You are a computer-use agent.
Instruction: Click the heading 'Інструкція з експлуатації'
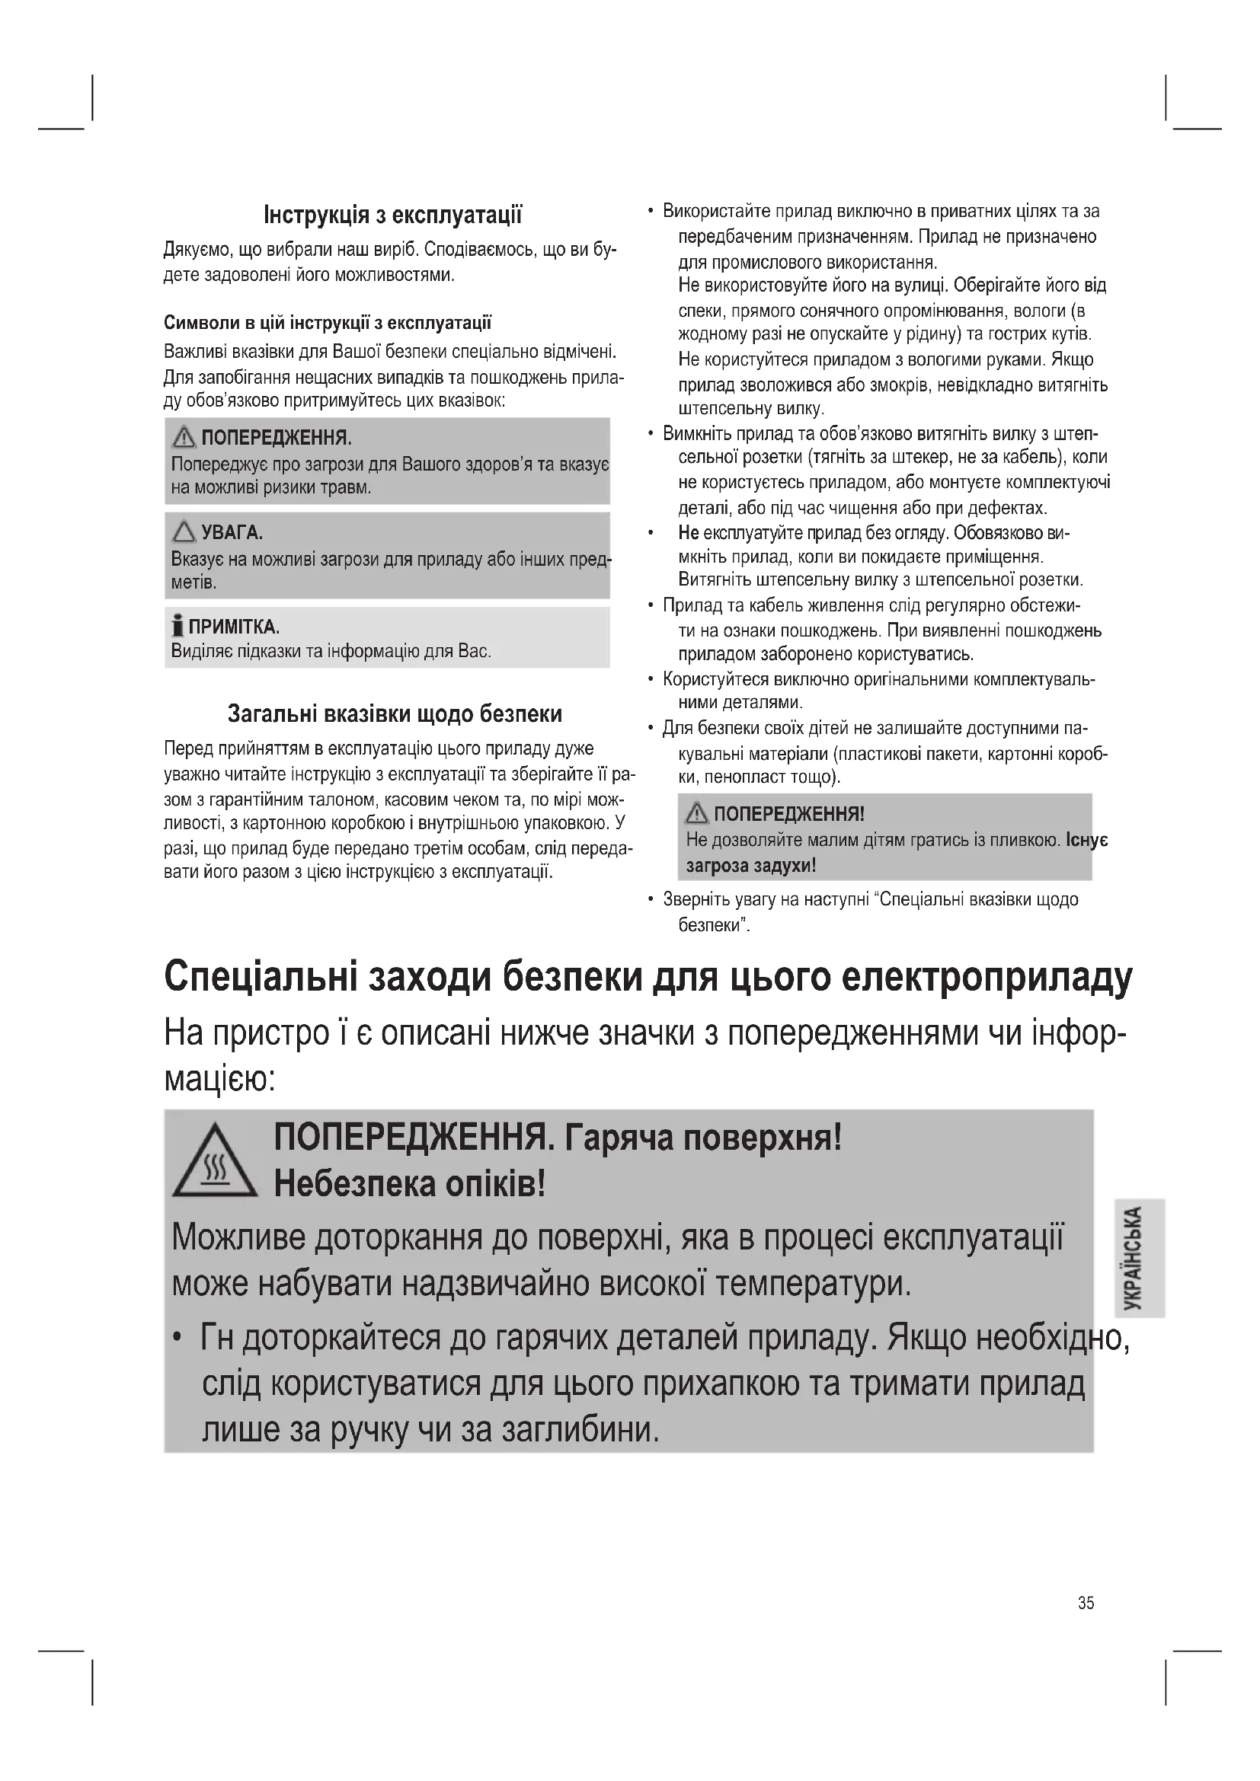(x=392, y=214)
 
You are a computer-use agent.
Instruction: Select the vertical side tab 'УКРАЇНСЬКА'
(x=1138, y=1257)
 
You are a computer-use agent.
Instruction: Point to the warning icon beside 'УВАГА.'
(x=184, y=532)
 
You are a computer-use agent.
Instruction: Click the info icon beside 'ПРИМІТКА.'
(x=178, y=625)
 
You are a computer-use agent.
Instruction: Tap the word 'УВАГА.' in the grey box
(x=232, y=533)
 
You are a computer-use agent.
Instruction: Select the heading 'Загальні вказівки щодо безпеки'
(x=394, y=713)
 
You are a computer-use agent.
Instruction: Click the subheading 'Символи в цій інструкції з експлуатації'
(x=328, y=323)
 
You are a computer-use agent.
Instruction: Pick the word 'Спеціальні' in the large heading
(x=261, y=978)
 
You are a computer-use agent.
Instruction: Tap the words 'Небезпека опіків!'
(x=410, y=1185)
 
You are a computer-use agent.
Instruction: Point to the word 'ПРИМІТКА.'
(x=235, y=626)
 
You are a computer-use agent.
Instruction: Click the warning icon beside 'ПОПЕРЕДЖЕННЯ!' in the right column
(x=697, y=814)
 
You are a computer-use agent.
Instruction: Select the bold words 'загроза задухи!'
(x=750, y=865)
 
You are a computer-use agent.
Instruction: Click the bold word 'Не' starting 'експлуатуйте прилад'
(x=688, y=533)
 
